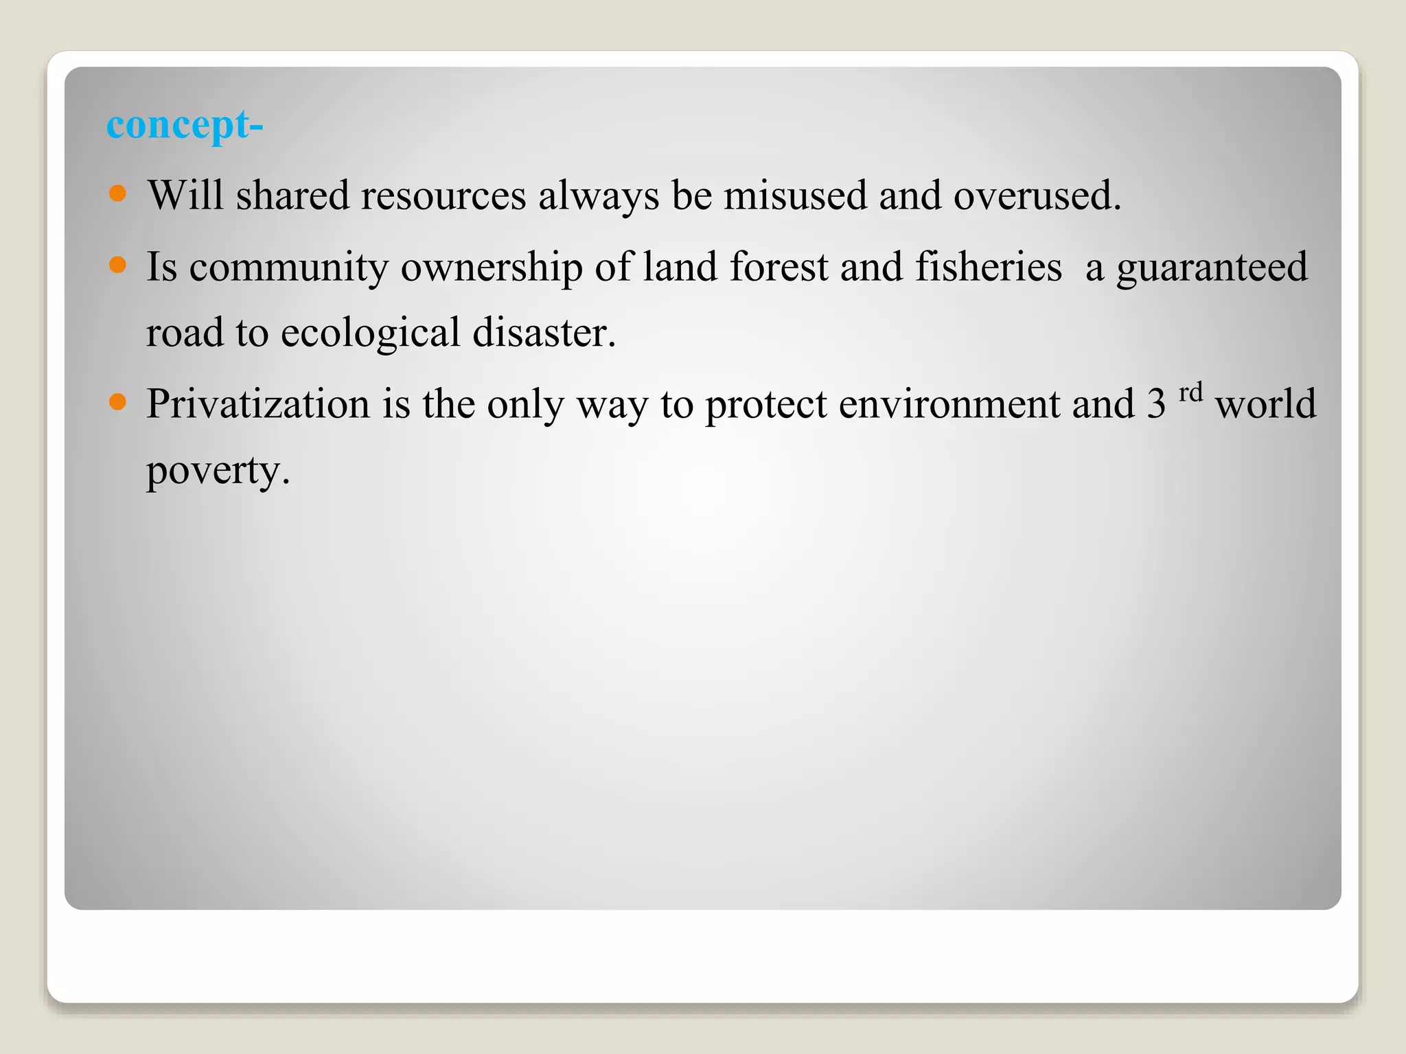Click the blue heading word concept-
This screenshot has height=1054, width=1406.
(x=185, y=126)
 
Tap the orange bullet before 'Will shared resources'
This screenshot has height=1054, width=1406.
(x=118, y=194)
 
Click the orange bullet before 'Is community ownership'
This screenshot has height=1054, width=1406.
(x=118, y=265)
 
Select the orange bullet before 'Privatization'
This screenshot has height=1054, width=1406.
(x=118, y=402)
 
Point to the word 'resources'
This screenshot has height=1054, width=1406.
(x=443, y=195)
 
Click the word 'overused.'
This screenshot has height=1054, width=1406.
(x=1037, y=195)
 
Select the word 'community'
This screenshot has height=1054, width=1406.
(x=289, y=268)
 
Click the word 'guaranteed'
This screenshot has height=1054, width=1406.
(x=1212, y=268)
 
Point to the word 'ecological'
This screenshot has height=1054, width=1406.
(x=370, y=333)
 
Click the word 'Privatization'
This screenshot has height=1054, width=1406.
(x=258, y=403)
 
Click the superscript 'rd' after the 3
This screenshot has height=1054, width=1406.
(x=1191, y=393)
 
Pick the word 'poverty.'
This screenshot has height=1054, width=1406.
(x=218, y=472)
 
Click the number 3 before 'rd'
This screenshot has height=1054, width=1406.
(x=1156, y=403)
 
